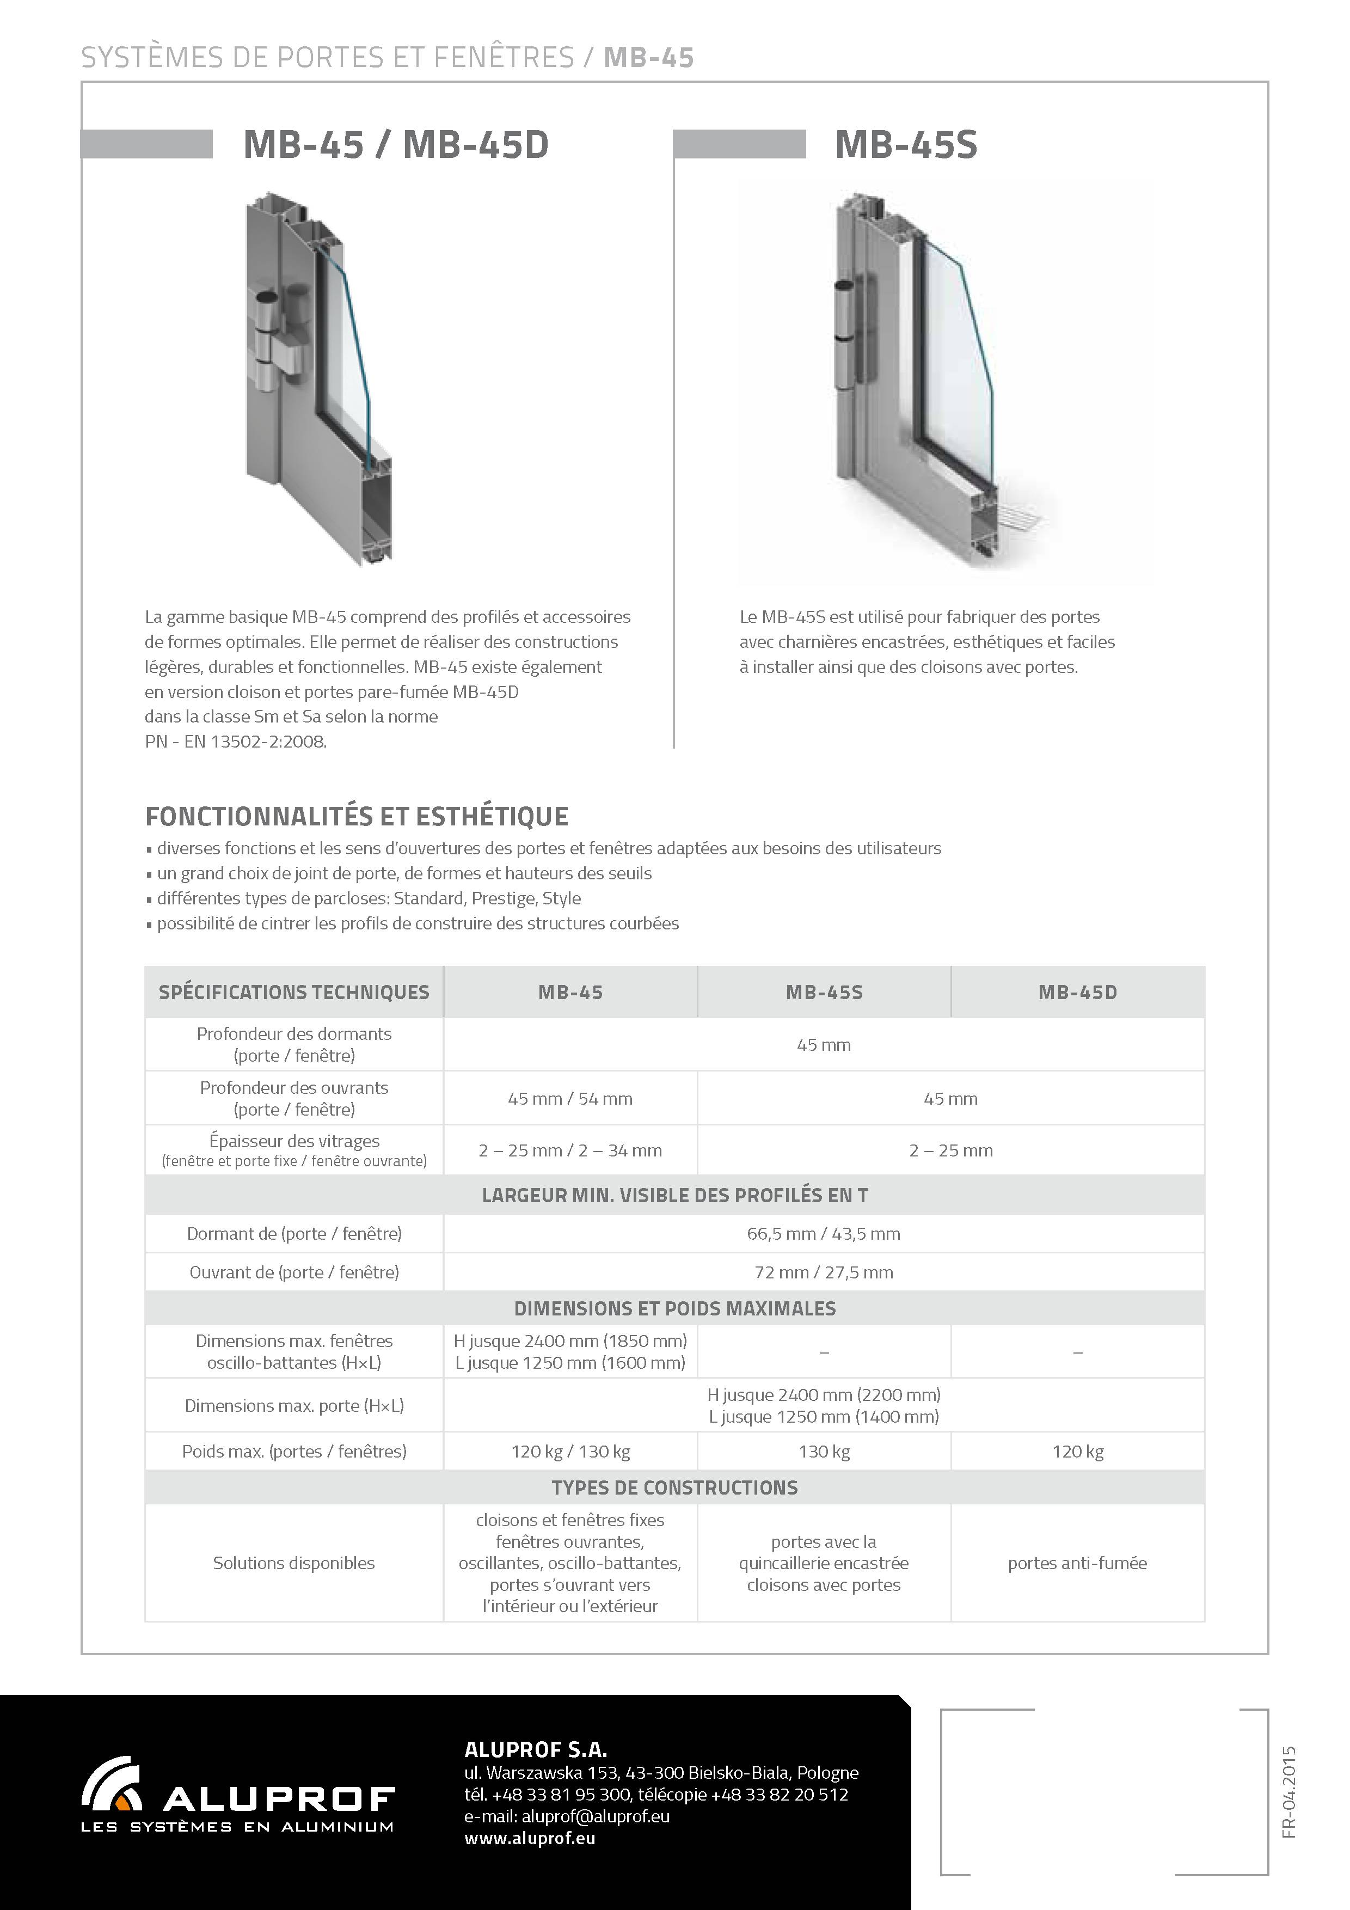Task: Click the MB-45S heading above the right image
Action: (906, 145)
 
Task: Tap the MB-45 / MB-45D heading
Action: (396, 145)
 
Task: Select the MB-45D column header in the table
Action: (1077, 993)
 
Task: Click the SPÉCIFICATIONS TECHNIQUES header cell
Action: (293, 993)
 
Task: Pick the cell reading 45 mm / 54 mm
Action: (570, 1099)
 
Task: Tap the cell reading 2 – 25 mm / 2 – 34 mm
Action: (570, 1150)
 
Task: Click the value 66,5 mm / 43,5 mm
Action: (824, 1234)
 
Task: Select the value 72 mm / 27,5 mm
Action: (824, 1272)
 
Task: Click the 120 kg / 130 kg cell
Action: (570, 1452)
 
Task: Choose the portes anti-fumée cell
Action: (1077, 1563)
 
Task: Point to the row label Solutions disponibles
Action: (293, 1563)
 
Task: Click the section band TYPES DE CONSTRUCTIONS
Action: (674, 1487)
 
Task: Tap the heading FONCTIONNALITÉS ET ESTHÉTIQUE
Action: (357, 816)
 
